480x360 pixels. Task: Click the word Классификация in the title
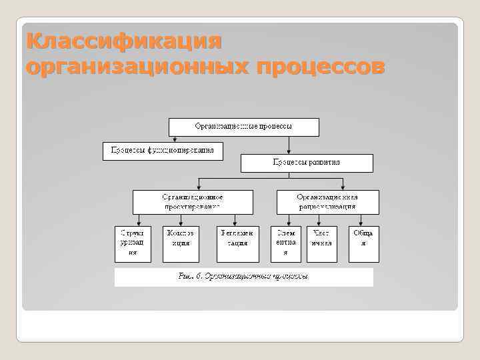(124, 41)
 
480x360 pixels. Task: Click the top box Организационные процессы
(243, 127)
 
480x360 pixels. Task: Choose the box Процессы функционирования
(163, 151)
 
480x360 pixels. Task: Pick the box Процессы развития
(307, 163)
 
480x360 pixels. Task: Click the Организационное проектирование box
(193, 202)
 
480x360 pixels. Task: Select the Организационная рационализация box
(327, 202)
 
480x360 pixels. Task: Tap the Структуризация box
(133, 243)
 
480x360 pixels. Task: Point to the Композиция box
(181, 243)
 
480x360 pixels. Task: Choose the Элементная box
(286, 243)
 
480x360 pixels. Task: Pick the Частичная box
(321, 243)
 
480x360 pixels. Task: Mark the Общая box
(363, 243)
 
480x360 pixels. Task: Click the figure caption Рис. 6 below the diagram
(243, 276)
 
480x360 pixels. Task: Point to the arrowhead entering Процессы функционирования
(175, 139)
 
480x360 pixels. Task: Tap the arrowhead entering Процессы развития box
(288, 151)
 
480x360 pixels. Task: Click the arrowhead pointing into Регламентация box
(235, 223)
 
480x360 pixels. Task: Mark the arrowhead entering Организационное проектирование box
(199, 187)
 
